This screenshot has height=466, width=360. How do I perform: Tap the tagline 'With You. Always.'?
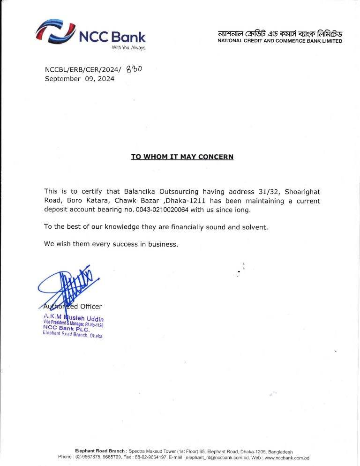pos(129,48)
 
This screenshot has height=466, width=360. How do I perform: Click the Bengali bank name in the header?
pos(280,33)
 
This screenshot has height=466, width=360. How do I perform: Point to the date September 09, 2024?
pos(79,79)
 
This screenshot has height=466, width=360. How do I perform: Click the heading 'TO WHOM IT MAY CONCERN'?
pos(182,157)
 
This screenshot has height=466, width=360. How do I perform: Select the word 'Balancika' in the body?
pos(140,192)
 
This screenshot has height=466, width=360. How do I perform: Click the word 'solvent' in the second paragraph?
pos(253,227)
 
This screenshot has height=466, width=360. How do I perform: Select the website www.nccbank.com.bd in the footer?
pos(287,457)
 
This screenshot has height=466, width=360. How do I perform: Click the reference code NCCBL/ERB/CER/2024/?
pos(82,70)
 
